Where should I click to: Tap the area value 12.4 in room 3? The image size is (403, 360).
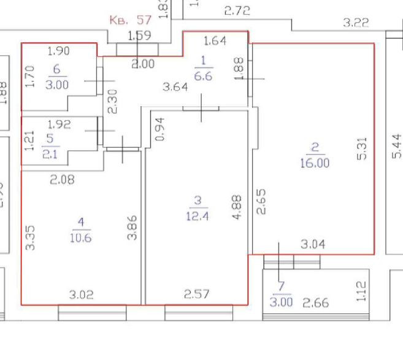197,215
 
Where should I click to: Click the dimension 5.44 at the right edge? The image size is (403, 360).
396,147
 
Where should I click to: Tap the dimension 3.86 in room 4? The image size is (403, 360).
131,228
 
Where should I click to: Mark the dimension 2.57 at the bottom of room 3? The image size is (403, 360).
197,295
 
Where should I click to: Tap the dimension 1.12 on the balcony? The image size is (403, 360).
361,292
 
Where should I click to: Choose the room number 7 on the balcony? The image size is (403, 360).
281,286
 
